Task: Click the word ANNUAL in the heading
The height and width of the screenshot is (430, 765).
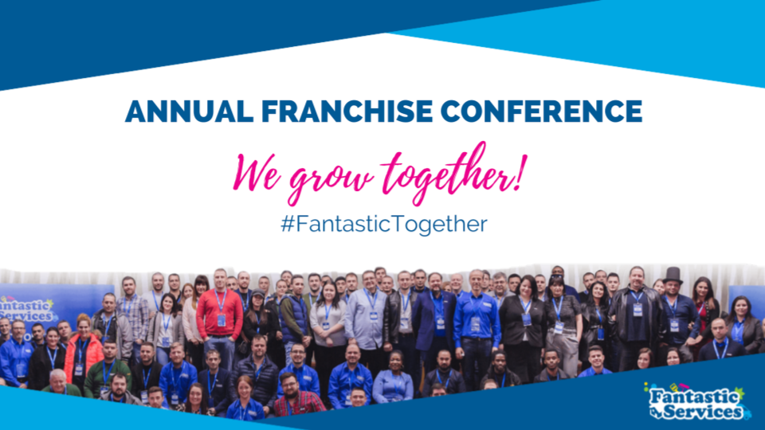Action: pos(190,111)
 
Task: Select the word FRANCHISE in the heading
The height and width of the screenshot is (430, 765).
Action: pos(347,111)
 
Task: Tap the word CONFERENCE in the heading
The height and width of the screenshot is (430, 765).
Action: pos(542,111)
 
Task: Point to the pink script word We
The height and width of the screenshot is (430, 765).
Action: pos(257,173)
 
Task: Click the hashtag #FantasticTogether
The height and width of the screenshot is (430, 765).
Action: pos(384,224)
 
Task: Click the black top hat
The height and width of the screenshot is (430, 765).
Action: pos(673,275)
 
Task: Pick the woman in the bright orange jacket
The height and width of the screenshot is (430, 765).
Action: pos(83,350)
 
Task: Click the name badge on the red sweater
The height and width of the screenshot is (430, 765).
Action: pos(222,320)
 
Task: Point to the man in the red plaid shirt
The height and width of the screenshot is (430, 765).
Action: pos(295,395)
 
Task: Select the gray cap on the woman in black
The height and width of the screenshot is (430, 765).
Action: pos(257,294)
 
